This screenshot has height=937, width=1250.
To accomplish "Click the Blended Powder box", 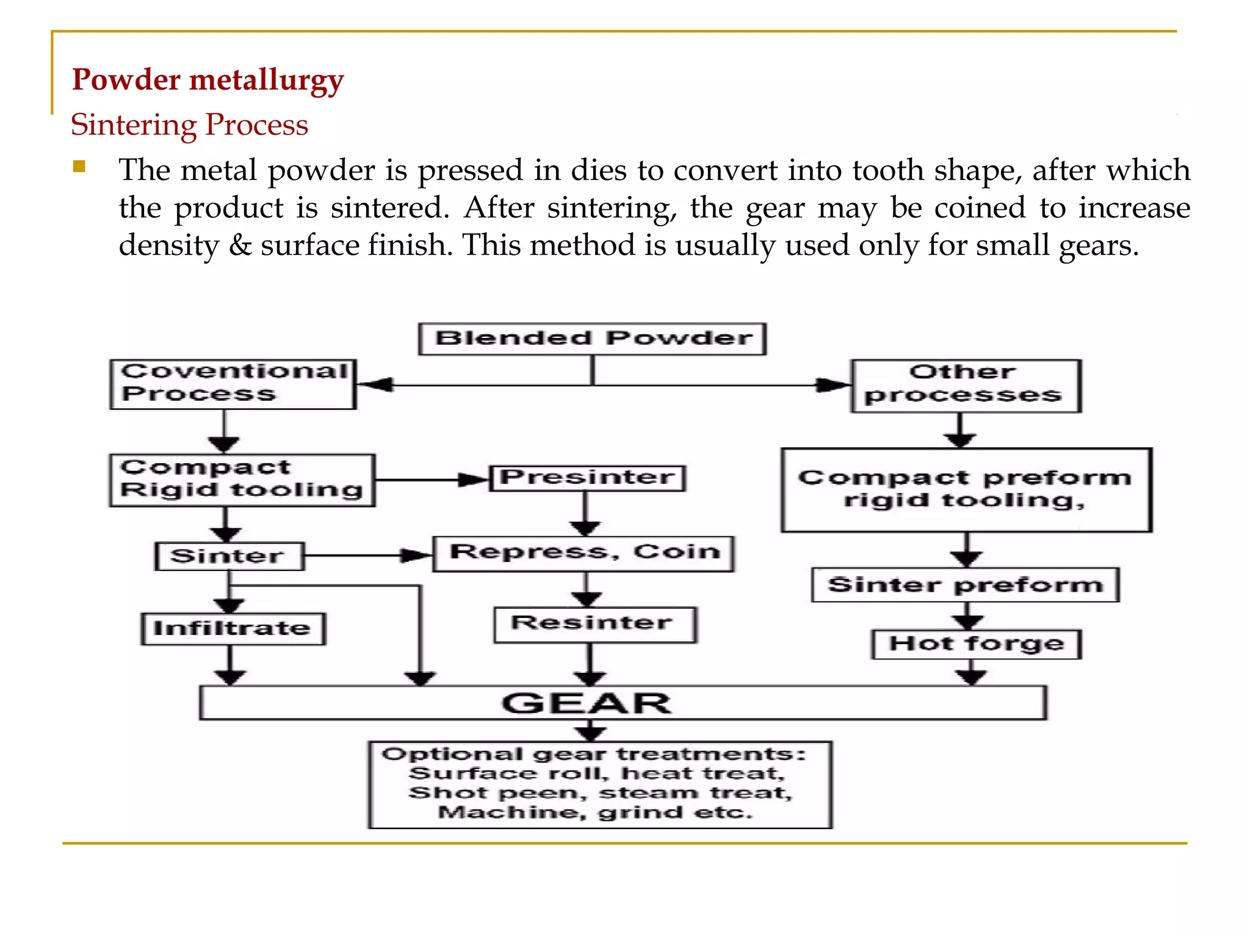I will (x=592, y=339).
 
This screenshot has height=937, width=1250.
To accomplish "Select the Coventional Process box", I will (x=233, y=384).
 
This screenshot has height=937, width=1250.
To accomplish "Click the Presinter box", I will (x=587, y=478).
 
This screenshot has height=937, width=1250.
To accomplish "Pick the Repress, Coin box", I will (x=583, y=553).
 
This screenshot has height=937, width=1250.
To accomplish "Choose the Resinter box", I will (x=594, y=624).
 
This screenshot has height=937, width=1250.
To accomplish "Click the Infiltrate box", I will (x=233, y=629).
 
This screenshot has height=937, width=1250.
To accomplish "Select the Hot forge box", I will (x=976, y=644).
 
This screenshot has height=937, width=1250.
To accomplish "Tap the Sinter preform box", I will (x=965, y=585).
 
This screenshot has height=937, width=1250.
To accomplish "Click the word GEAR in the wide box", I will (x=586, y=703).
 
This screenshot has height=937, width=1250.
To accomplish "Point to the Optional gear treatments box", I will (x=600, y=784).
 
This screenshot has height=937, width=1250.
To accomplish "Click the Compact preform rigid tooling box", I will (x=966, y=490).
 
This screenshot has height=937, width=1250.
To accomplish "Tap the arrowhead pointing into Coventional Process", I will (x=375, y=385).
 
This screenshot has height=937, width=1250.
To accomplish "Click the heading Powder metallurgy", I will (x=208, y=81).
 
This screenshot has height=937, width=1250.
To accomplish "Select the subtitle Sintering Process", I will (x=189, y=125).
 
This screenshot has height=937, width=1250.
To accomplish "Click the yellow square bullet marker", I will (x=79, y=167).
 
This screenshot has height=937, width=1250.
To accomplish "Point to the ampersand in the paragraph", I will (x=240, y=246).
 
